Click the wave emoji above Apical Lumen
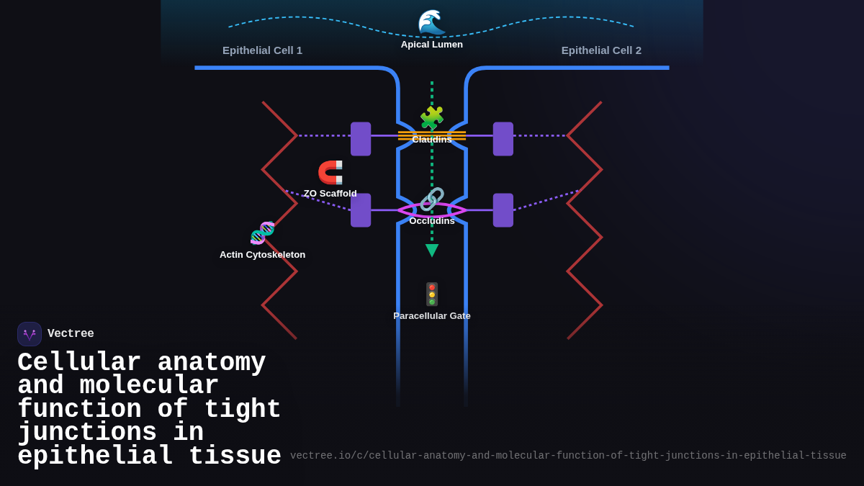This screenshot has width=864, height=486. (x=431, y=22)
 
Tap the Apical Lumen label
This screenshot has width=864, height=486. (x=432, y=45)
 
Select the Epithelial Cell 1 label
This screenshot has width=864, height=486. (x=262, y=50)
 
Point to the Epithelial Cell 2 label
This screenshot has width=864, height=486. (x=601, y=50)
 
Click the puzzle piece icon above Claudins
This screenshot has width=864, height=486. (x=432, y=118)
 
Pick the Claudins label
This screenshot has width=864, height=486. (x=432, y=140)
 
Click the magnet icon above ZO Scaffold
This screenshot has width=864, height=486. (x=330, y=173)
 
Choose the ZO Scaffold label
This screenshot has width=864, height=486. (x=330, y=194)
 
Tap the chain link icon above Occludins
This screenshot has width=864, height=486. (x=432, y=199)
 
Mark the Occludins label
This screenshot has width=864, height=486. (x=432, y=221)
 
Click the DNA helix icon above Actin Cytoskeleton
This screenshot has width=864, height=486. (x=263, y=233)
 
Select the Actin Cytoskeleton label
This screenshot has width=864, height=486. (x=262, y=255)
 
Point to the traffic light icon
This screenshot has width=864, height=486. (x=432, y=294)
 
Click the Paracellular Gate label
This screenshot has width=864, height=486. (x=432, y=316)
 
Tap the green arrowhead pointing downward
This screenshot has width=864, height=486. (x=432, y=250)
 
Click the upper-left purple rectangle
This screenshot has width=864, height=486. (x=361, y=139)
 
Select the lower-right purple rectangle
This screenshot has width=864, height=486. (x=503, y=210)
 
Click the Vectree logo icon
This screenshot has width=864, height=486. (x=30, y=334)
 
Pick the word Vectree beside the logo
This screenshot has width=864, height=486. (x=71, y=334)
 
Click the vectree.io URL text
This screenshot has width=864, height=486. (x=568, y=456)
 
